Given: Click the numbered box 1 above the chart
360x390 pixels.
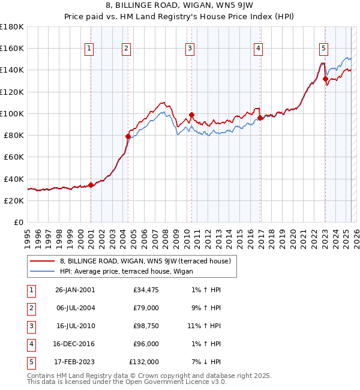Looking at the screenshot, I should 89,49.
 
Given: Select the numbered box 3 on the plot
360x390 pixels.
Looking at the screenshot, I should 190,49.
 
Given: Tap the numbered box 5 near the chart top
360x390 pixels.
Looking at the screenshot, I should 323,49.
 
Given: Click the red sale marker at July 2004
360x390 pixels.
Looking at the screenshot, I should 128,136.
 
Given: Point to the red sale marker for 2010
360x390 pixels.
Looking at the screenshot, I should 191,115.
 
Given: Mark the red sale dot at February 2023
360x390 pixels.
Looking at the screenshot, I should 325,79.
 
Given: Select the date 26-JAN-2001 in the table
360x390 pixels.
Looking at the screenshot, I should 74,290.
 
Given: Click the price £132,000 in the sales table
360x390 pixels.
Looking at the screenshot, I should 144,362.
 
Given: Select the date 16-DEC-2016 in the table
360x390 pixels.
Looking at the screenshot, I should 74,344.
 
